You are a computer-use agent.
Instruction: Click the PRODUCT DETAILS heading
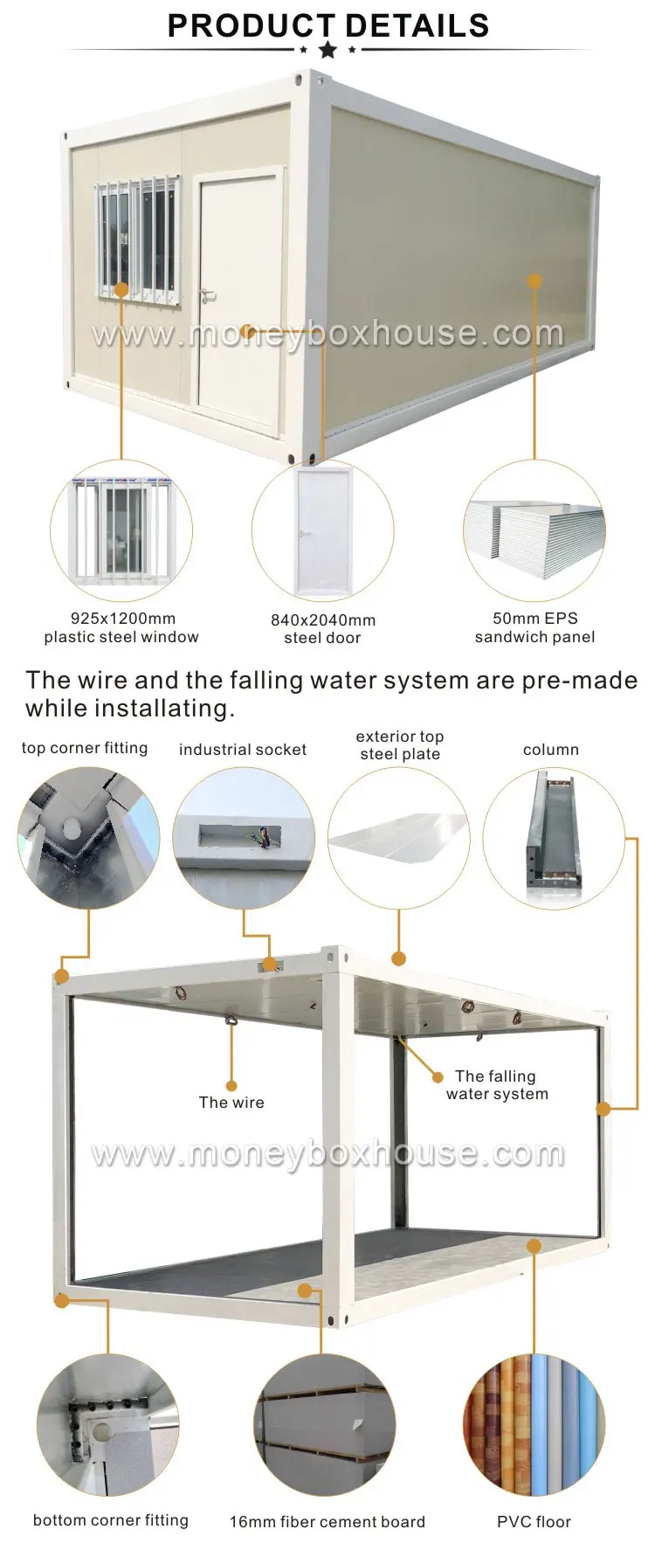327,25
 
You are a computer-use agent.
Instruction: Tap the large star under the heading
327,50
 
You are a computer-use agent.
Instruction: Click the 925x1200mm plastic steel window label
121,627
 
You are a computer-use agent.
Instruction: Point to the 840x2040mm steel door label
322,628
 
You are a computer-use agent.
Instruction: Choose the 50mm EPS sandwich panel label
534,627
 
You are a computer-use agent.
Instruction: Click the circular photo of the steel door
323,531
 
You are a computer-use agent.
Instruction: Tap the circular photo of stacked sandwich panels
534,531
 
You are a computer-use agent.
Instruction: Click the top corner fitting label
85,748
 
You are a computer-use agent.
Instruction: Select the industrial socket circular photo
244,838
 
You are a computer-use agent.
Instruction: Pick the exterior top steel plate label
400,745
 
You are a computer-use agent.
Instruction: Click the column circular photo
554,838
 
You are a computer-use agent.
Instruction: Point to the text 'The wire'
231,1103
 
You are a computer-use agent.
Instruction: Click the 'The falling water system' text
497,1085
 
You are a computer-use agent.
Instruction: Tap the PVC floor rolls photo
534,1425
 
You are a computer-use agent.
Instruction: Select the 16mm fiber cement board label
327,1522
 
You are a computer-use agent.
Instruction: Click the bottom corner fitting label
111,1520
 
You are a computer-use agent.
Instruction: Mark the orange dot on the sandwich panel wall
534,281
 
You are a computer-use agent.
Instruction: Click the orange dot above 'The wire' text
231,1086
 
